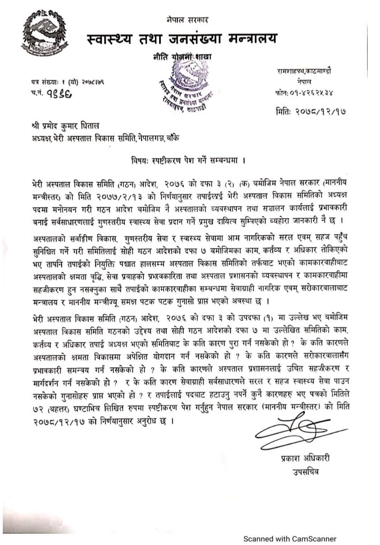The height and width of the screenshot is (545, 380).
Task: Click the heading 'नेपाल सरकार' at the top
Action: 187,20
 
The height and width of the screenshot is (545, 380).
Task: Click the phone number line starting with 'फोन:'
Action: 304,93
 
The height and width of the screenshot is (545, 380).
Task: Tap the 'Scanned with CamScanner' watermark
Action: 290,529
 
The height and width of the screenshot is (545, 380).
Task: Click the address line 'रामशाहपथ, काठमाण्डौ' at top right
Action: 304,71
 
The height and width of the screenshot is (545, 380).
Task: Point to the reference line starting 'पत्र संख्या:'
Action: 67,82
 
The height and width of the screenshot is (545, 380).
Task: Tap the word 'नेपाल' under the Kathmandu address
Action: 304,82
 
